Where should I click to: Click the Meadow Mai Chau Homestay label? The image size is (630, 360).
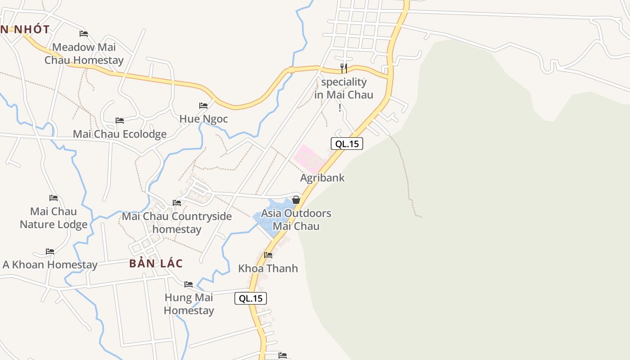pos(84,54)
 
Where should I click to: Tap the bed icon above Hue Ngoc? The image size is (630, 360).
pos(203,106)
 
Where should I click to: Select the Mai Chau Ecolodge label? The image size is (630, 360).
pos(120,134)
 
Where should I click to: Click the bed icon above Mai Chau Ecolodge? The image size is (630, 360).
pos(120,121)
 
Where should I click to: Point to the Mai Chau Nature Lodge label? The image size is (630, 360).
pos(54,218)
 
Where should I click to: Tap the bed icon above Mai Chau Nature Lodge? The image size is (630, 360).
pos(54,198)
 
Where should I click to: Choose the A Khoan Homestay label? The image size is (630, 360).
pos(50,265)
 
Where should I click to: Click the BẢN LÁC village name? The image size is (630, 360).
pos(156,263)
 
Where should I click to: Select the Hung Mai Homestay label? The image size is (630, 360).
pos(189,304)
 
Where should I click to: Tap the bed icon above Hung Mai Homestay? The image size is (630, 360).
pos(189,284)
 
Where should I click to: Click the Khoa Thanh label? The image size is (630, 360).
pos(268,269)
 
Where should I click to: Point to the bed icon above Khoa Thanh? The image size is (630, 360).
pos(268,255)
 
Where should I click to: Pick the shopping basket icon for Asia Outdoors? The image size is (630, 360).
pos(296,200)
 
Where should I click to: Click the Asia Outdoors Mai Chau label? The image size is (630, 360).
pos(296,220)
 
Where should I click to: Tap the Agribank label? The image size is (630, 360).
pos(322,178)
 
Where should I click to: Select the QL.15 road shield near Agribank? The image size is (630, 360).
pos(346,144)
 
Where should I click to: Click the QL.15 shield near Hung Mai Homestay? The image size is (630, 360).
pos(251,298)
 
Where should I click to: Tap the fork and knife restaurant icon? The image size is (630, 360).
pos(344,68)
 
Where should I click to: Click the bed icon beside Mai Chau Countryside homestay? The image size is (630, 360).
pos(177,203)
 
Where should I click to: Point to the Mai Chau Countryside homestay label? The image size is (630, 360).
pos(177,223)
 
